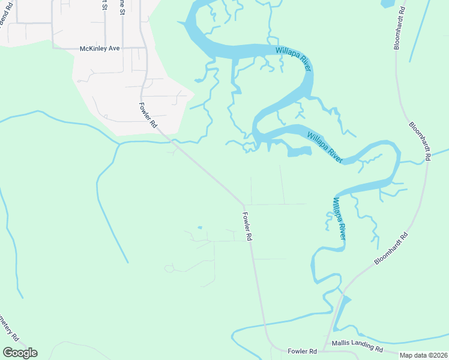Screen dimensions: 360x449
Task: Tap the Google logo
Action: coord(20,353)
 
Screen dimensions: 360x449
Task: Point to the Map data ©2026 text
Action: coord(423,355)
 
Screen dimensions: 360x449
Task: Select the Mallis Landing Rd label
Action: coord(357,347)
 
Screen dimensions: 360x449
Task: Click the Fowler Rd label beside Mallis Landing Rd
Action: coord(302,351)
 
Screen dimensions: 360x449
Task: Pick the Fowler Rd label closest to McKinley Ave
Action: coord(148,116)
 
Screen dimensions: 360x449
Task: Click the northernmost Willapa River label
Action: coord(294,59)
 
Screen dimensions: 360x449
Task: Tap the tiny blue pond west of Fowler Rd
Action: coord(199,227)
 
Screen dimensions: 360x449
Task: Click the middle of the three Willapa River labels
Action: coord(325,147)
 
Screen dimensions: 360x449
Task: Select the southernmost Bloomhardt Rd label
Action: coord(391,248)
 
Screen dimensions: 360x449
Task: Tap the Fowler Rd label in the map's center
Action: coord(246,226)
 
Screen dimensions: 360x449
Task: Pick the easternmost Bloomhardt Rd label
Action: coord(420,141)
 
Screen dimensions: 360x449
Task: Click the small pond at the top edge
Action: coord(388,3)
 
